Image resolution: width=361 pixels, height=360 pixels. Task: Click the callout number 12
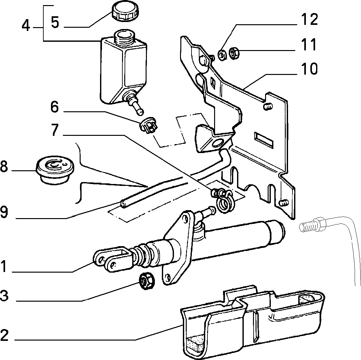coord(309,19)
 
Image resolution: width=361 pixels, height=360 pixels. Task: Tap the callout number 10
coord(308,69)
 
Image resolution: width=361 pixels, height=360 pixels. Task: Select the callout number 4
coord(26,26)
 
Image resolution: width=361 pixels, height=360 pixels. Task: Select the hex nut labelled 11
coord(235,54)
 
